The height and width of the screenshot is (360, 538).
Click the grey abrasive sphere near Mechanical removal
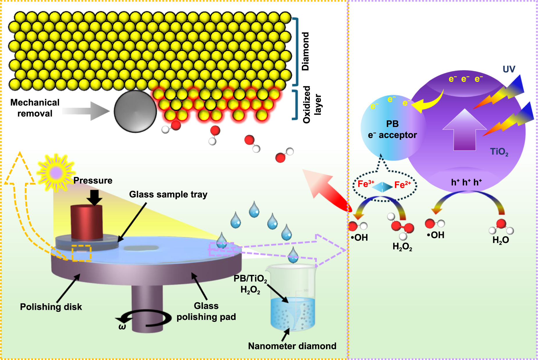(x=135, y=111)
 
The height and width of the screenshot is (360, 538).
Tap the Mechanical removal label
(x=35, y=108)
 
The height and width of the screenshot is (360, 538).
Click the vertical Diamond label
(x=305, y=51)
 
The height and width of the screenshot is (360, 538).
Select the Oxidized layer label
(x=312, y=105)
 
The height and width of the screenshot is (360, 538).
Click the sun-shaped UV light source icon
(x=56, y=173)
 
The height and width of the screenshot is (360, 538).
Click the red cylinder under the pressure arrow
(x=87, y=222)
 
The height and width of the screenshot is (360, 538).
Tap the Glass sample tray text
(x=168, y=194)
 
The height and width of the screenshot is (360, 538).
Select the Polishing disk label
(x=51, y=307)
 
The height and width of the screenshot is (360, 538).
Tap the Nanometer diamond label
(x=292, y=346)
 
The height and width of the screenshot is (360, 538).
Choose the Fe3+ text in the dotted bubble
(x=366, y=184)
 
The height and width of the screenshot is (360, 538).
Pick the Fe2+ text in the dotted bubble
(x=402, y=185)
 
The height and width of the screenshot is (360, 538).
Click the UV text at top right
(x=509, y=69)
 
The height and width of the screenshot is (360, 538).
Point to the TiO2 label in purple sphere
(x=499, y=152)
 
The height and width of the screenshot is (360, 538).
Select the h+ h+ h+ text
(x=466, y=182)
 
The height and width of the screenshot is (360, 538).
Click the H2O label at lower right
(x=500, y=240)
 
